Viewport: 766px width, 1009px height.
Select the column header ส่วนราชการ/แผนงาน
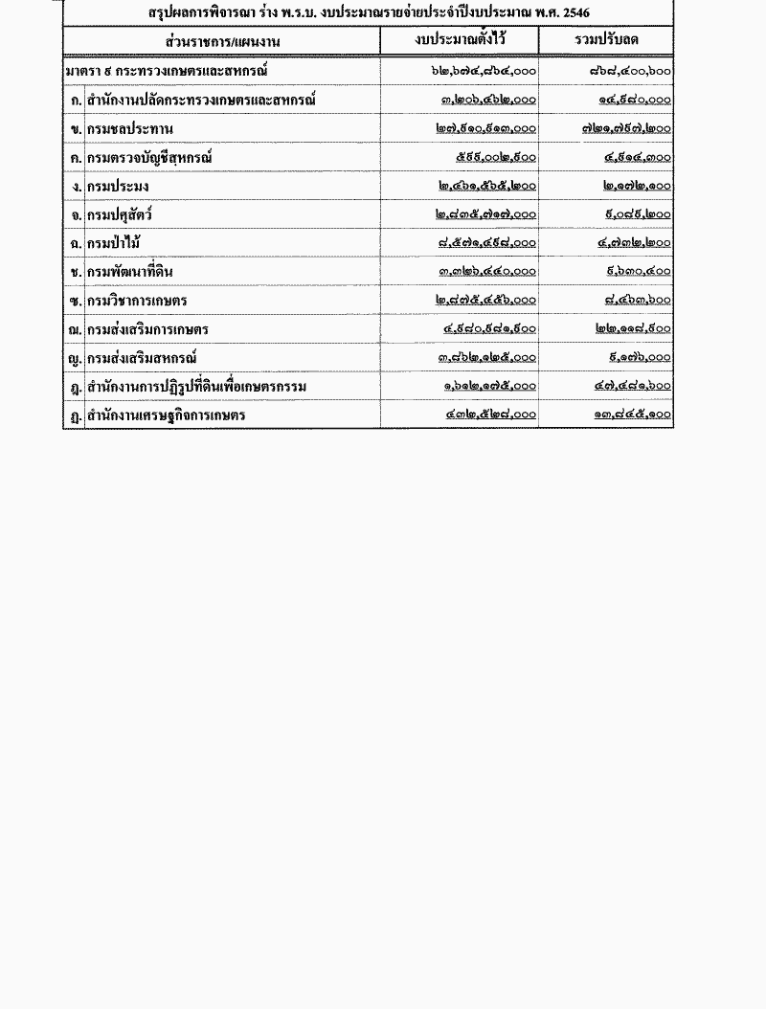coord(221,41)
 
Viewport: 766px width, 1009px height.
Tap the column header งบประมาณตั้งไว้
coord(460,40)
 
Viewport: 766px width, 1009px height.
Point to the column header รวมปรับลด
coord(606,40)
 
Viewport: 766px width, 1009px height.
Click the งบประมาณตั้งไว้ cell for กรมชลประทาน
coord(485,128)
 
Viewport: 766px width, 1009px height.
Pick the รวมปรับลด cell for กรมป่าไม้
coord(634,243)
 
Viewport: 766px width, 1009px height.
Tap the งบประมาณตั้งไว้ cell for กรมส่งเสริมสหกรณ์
coord(485,358)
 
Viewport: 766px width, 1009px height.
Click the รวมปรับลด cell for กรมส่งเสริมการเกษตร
coord(632,329)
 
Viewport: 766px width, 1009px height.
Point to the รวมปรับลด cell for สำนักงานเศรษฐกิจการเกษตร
coord(632,415)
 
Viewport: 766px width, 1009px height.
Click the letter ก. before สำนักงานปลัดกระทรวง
coord(75,100)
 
